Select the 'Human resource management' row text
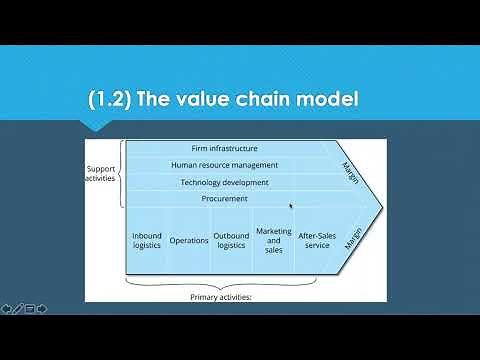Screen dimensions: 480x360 [x=224, y=165]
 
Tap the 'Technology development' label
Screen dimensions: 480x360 [x=224, y=182]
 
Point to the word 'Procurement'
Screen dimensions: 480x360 [x=225, y=199]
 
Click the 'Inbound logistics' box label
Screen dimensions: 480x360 [x=146, y=240]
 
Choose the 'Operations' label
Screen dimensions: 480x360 [x=189, y=240]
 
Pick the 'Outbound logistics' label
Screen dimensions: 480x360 [x=231, y=240]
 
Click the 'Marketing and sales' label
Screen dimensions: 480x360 [x=274, y=240]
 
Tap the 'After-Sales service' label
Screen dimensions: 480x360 [x=317, y=240]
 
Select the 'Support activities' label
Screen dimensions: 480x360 [x=101, y=172]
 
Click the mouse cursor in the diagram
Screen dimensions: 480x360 [x=290, y=206]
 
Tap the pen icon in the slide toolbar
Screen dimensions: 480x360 [x=18, y=307]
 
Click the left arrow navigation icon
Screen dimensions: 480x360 [x=6, y=307]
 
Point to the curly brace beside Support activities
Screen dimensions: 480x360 [x=122, y=173]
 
